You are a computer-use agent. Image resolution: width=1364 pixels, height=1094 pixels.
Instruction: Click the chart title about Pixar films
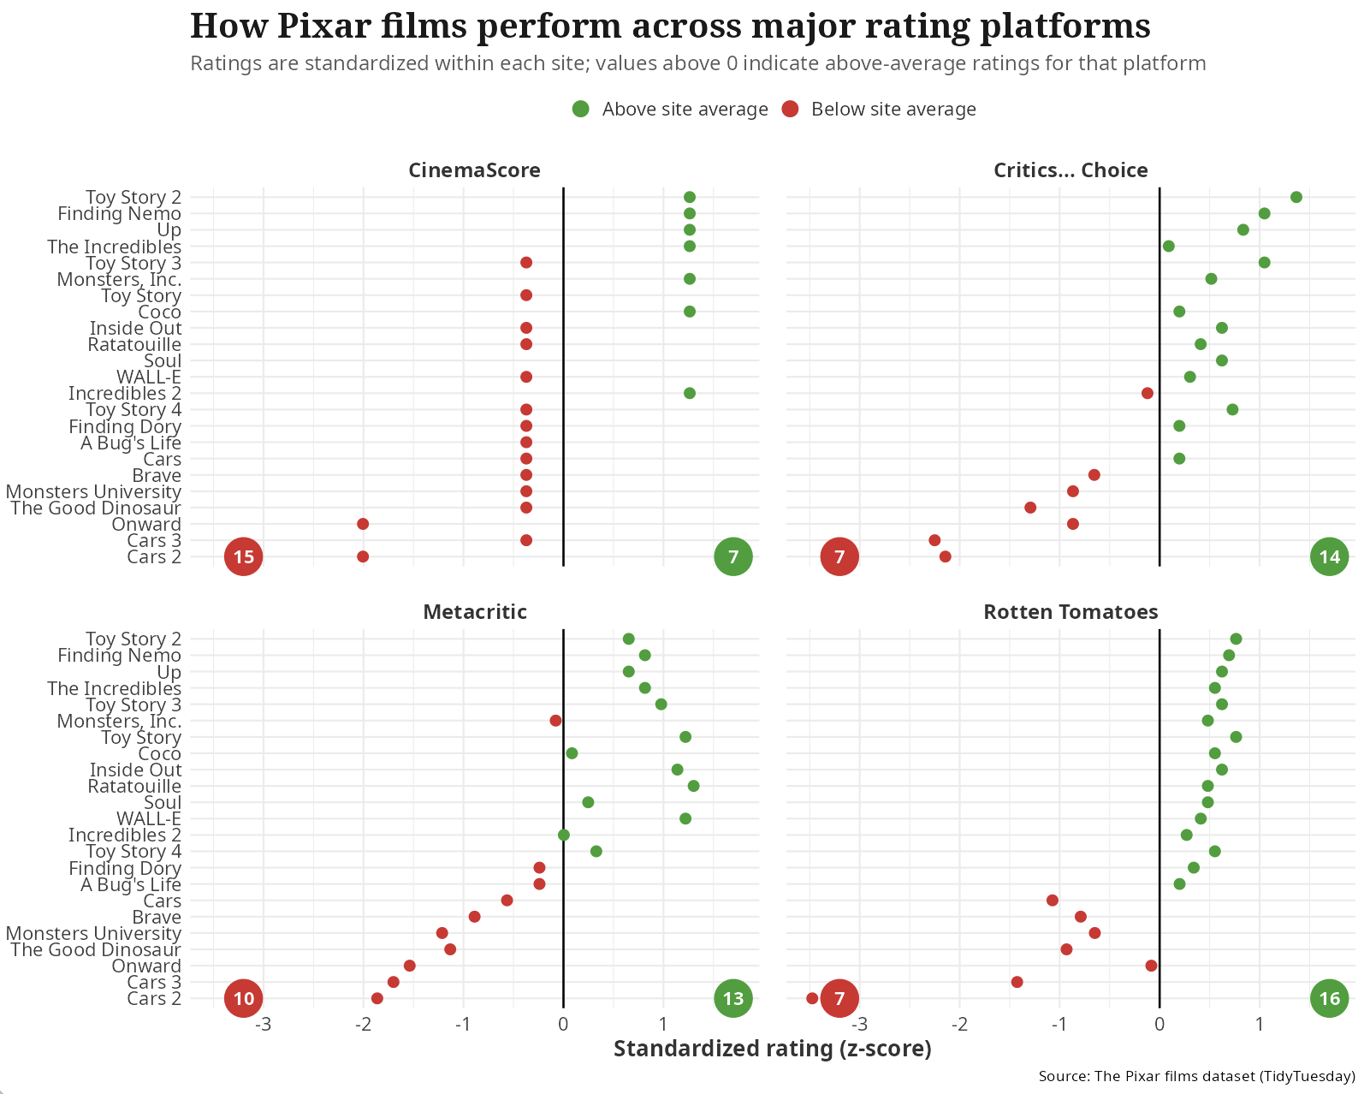point(670,26)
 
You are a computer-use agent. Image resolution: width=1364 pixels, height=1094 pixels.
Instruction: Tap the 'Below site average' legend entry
point(879,110)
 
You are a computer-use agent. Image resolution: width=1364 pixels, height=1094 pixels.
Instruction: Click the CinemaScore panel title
point(474,170)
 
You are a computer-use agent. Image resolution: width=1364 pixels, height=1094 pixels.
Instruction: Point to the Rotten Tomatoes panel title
point(1070,612)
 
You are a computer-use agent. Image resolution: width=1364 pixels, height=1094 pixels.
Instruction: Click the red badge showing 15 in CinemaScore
point(244,557)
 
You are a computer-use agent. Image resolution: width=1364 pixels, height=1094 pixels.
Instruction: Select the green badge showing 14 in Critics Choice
point(1329,557)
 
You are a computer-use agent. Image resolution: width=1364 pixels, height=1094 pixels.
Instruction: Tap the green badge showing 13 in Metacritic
point(732,998)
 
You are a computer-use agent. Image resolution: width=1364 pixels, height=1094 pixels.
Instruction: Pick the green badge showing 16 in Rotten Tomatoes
point(1329,998)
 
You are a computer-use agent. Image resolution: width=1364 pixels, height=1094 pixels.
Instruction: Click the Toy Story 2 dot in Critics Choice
point(1296,198)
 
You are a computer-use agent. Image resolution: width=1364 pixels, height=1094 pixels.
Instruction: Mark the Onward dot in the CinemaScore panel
point(363,524)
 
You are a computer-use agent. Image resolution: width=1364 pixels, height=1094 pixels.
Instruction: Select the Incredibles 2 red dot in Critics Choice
point(1147,394)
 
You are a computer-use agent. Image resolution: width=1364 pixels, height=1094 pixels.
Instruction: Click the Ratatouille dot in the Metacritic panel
point(693,786)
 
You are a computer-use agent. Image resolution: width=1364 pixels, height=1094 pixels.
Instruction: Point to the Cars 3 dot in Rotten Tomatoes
point(1017,982)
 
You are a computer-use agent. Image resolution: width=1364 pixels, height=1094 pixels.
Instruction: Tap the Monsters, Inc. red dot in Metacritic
point(555,721)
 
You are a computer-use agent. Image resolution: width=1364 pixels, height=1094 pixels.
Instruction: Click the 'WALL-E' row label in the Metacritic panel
point(149,819)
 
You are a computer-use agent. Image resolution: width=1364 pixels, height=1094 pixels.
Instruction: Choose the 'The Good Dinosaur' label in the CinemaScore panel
point(96,508)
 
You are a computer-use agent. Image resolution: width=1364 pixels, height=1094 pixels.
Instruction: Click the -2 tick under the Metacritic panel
point(363,1024)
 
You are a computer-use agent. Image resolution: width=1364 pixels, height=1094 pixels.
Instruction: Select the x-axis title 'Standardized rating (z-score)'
point(772,1049)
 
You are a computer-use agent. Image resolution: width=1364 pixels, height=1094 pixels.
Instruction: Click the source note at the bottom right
point(1196,1077)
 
